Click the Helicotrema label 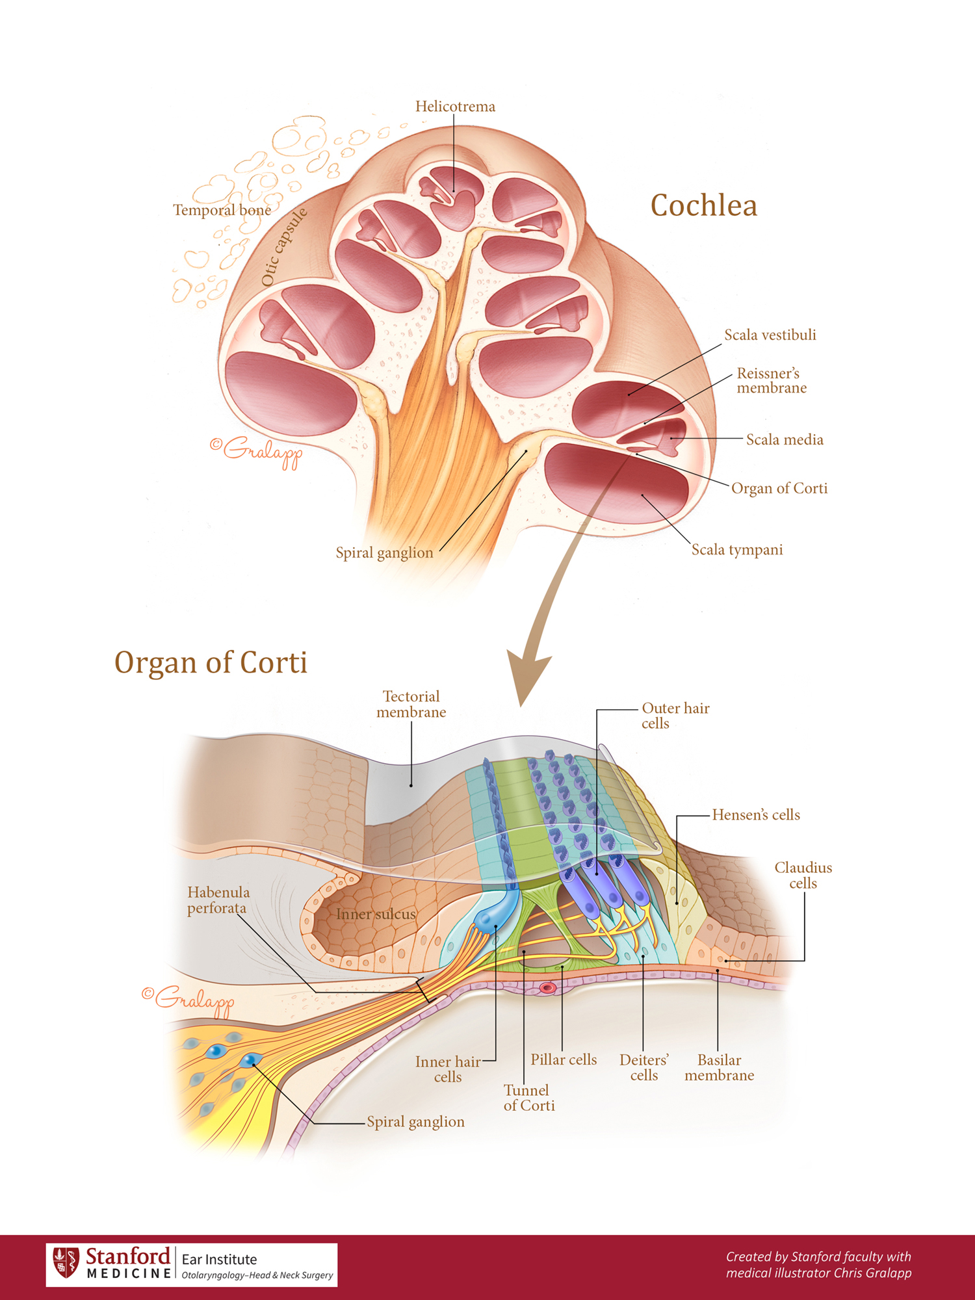(x=455, y=107)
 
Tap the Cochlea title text (x=703, y=206)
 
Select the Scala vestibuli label (x=770, y=335)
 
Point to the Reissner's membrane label (x=771, y=381)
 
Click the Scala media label (x=784, y=440)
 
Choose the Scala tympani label (x=736, y=550)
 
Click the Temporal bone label (x=222, y=210)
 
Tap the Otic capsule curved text (x=283, y=247)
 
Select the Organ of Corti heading (x=211, y=663)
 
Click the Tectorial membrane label (x=411, y=705)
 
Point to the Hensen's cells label (x=755, y=815)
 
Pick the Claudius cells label (x=803, y=876)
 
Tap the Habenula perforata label (x=218, y=900)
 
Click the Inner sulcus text (x=376, y=915)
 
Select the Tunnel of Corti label (x=528, y=1098)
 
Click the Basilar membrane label (x=719, y=1067)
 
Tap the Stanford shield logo (x=66, y=1263)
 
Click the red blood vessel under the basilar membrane (x=547, y=988)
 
